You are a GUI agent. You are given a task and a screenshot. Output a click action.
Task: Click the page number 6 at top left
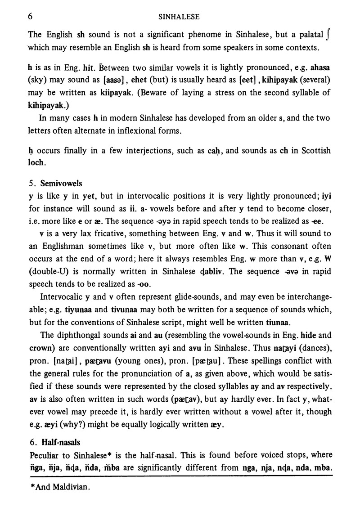30,17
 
